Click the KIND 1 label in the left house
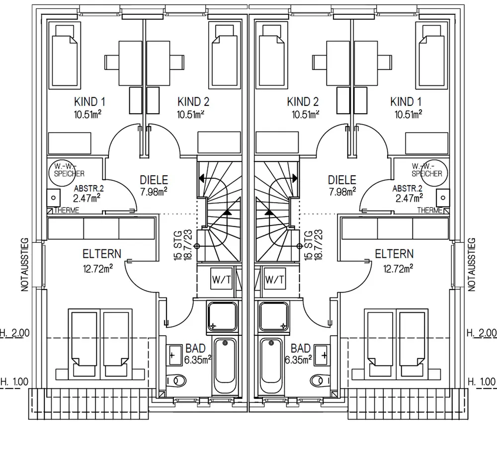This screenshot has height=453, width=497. [x=89, y=102]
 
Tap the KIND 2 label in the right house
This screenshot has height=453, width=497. [x=303, y=102]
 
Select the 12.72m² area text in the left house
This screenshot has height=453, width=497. [x=97, y=269]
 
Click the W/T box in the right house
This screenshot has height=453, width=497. [x=275, y=279]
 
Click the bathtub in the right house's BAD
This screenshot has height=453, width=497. [x=271, y=367]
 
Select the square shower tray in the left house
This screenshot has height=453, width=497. [x=222, y=316]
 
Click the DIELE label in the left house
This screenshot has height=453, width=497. [x=154, y=180]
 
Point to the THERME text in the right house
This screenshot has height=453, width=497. [x=429, y=211]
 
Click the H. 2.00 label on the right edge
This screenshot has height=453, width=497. [x=482, y=333]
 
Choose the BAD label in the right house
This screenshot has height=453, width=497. [x=301, y=348]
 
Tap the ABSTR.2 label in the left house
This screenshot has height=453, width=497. [x=88, y=189]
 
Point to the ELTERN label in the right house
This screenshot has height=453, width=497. [x=394, y=254]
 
